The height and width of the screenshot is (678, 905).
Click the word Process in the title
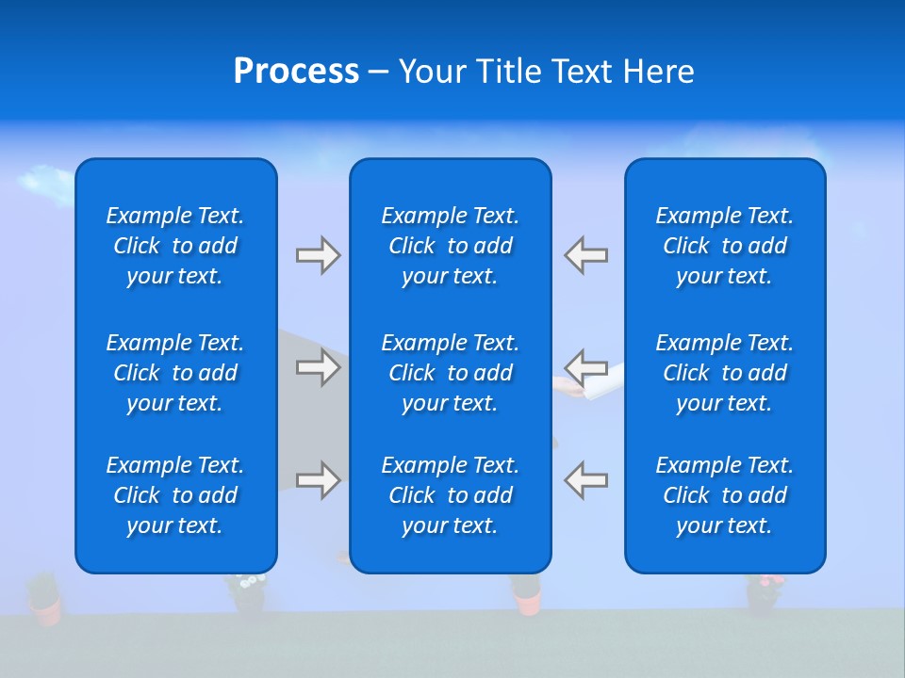point(296,72)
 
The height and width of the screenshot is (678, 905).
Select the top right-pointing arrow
point(318,255)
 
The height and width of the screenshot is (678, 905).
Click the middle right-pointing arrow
point(318,366)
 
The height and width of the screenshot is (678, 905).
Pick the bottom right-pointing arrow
point(318,479)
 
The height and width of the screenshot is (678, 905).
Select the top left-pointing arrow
point(586,255)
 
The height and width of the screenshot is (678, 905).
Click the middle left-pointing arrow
point(586,366)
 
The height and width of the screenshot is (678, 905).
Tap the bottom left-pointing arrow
point(586,479)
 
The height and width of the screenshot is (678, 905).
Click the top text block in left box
point(175,246)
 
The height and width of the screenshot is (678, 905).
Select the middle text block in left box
point(175,373)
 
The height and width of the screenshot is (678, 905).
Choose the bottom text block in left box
point(175,495)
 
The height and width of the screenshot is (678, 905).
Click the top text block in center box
point(450,246)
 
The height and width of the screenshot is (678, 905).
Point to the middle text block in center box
point(450,373)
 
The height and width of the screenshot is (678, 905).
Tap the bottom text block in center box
point(450,495)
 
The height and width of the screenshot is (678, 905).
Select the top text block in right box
point(724,246)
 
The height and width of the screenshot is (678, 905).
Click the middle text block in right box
point(724,373)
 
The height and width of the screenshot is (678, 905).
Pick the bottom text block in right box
point(724,495)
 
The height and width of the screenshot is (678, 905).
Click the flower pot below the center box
point(526,593)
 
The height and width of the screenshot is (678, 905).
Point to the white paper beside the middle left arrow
point(603,382)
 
